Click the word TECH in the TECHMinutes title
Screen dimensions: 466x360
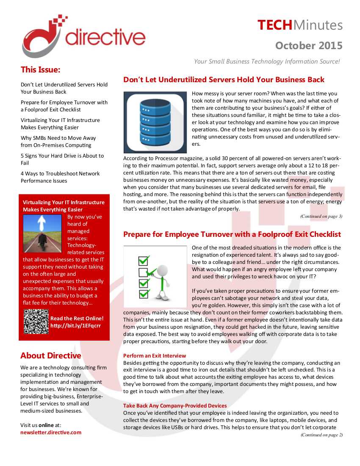[275, 25]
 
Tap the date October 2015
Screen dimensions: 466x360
[309, 45]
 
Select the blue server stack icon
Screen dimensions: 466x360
[155, 122]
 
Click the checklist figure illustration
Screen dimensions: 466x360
[155, 276]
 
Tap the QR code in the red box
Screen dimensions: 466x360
[36, 322]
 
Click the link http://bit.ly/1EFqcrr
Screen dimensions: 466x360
[75, 325]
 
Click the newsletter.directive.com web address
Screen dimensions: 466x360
[51, 433]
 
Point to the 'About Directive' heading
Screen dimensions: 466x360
[51, 355]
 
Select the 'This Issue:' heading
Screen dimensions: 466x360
[41, 69]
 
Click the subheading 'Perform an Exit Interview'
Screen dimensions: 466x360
[155, 356]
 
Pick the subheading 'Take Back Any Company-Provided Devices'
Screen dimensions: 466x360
[175, 406]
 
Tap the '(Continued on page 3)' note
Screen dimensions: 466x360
[321, 216]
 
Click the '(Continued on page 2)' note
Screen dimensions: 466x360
[321, 435]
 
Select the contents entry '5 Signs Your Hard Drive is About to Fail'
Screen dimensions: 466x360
[62, 159]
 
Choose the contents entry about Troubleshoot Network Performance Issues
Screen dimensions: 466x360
[60, 177]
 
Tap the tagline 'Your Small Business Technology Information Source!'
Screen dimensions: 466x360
[267, 61]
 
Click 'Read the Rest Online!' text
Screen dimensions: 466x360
[77, 318]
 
